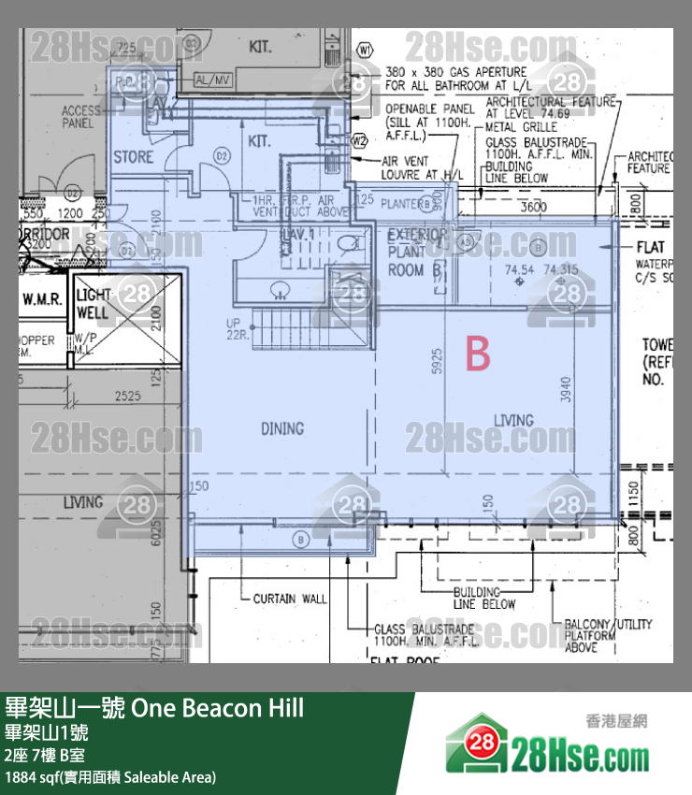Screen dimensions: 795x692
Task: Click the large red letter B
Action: (478, 354)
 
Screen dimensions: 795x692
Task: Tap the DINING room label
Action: (282, 428)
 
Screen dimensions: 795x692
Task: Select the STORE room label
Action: (133, 156)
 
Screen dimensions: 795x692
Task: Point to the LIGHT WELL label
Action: (94, 303)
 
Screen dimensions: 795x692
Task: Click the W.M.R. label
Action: (43, 299)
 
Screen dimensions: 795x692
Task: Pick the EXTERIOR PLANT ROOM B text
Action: (416, 253)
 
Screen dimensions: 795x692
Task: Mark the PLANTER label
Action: (400, 202)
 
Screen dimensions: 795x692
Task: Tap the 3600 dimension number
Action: (534, 207)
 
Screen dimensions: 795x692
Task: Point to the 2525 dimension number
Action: (128, 397)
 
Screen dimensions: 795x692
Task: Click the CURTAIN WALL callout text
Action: (290, 599)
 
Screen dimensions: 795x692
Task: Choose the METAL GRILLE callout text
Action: (521, 127)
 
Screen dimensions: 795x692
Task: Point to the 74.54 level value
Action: (520, 269)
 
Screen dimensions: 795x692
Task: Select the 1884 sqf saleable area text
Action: (110, 777)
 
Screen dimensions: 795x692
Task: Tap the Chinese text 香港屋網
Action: (616, 721)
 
